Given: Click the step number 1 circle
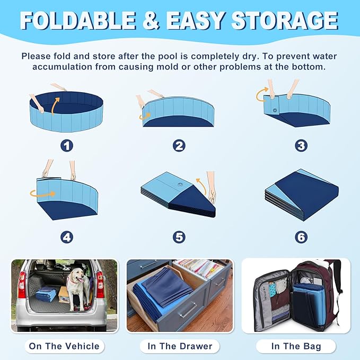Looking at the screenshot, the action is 67,146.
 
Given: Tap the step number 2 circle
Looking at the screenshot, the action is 179,146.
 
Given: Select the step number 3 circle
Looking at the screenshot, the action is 301,146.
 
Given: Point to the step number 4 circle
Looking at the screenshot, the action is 67,237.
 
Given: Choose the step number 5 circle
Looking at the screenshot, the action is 179,237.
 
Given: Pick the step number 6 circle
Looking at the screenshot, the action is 301,237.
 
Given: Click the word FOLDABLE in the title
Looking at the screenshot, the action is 78,20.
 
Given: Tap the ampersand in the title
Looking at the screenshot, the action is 151,20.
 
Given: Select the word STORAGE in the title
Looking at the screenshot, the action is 285,20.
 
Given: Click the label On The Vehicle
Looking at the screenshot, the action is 64,346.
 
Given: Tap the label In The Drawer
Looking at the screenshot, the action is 180,346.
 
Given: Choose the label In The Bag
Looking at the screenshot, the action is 296,346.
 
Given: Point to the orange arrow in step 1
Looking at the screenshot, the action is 55,106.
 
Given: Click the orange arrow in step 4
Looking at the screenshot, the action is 43,194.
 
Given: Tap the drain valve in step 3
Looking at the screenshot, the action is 275,110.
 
